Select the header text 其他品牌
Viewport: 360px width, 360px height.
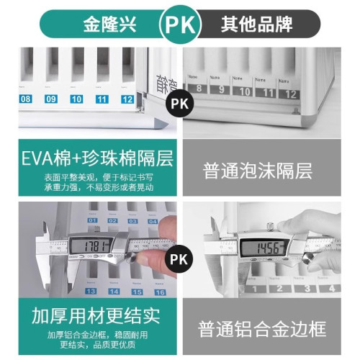[x=256, y=24]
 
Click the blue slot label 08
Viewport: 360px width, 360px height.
[x=27, y=99]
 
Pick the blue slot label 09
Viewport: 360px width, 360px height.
[x=51, y=99]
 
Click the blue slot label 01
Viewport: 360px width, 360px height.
[x=92, y=220]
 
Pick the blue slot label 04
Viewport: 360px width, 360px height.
[x=152, y=220]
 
